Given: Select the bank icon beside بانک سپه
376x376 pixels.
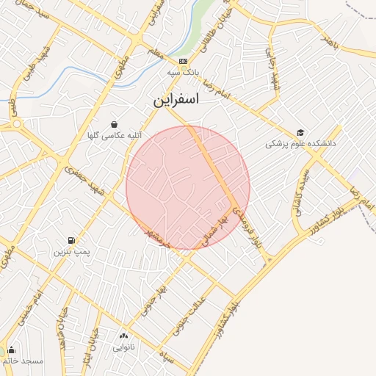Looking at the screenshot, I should pyautogui.click(x=183, y=61).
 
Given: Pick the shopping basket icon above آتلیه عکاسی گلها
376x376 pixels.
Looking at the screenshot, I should pyautogui.click(x=113, y=124).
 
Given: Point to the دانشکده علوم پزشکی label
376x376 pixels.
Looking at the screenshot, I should pyautogui.click(x=300, y=145).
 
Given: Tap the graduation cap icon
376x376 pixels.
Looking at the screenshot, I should pyautogui.click(x=300, y=132).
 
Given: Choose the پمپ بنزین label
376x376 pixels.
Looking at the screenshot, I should pyautogui.click(x=71, y=252).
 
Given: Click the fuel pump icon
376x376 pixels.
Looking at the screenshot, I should pyautogui.click(x=71, y=239).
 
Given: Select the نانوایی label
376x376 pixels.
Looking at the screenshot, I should pyautogui.click(x=123, y=349).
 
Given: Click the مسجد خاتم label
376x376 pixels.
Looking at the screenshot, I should pyautogui.click(x=23, y=361).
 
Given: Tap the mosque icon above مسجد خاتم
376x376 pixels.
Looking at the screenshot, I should pyautogui.click(x=11, y=350).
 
